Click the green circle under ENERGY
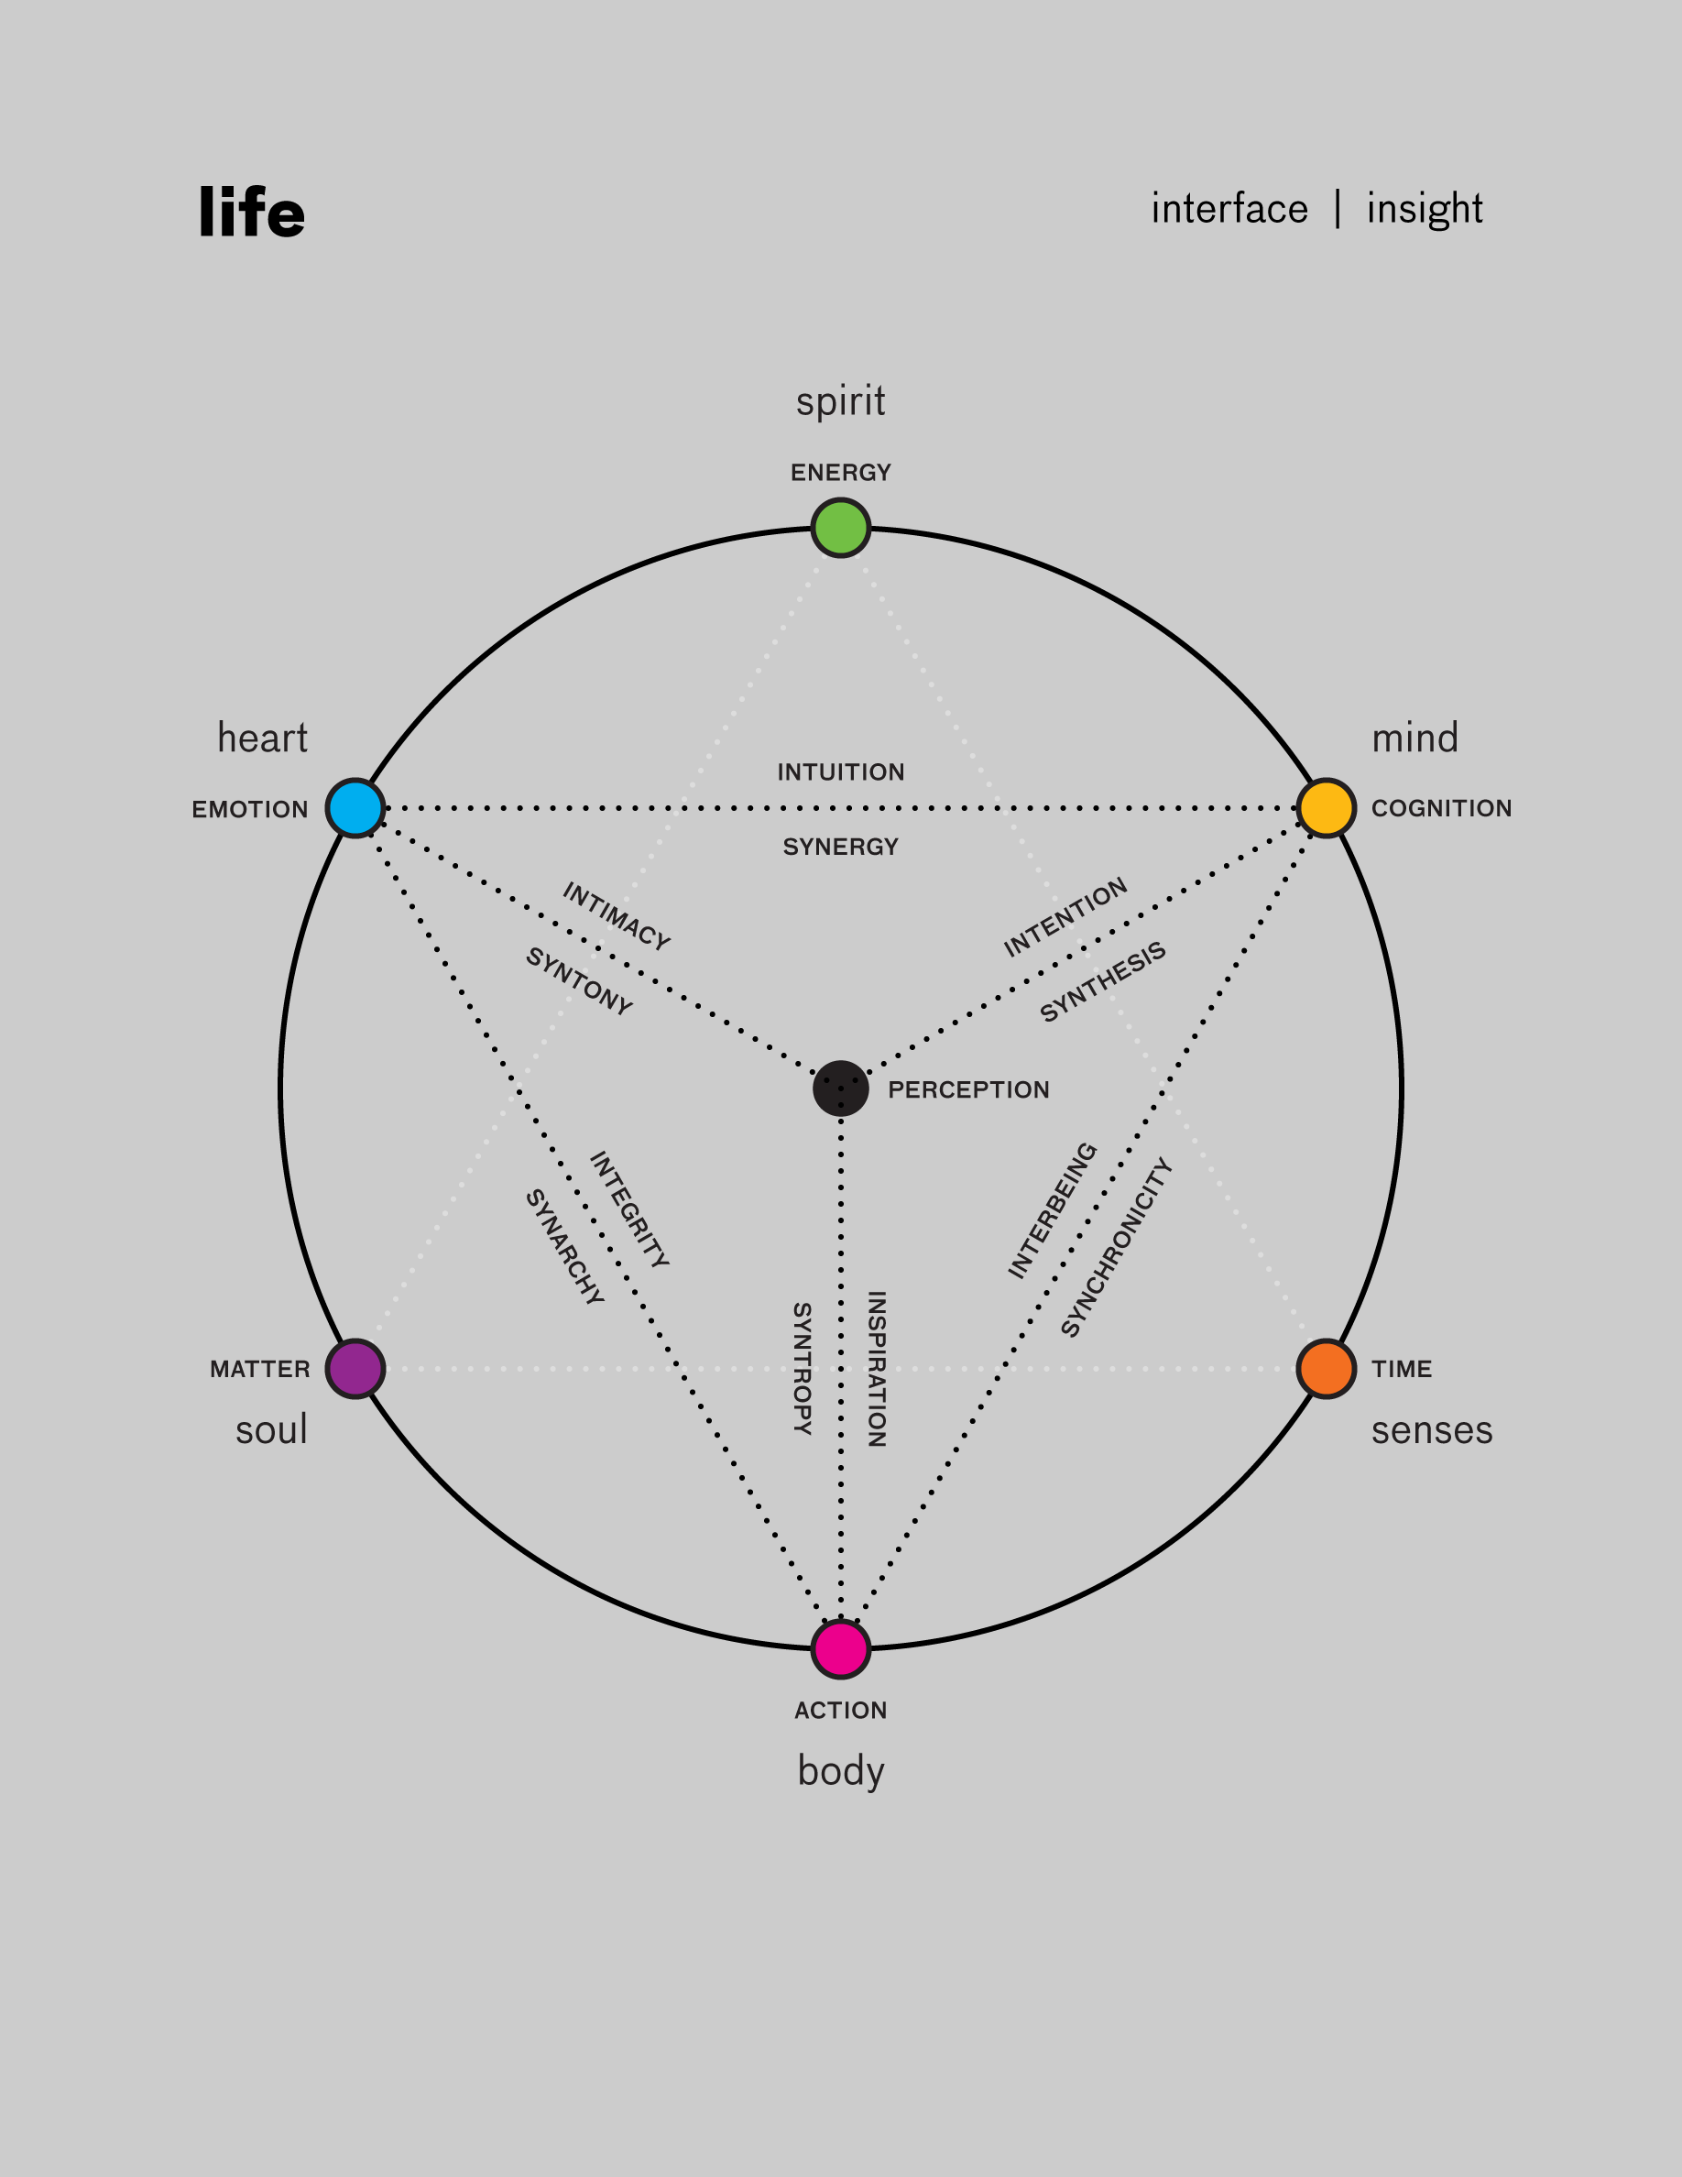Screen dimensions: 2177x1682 point(841,528)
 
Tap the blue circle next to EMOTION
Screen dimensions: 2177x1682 point(355,808)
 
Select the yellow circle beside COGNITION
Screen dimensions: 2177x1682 point(1327,808)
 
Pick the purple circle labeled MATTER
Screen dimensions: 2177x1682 point(355,1369)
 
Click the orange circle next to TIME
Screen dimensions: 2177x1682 point(1327,1369)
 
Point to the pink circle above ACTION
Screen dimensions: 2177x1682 point(841,1649)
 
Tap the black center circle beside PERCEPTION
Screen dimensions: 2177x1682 point(841,1088)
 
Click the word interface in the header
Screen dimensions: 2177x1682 point(1229,209)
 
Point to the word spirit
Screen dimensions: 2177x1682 point(841,401)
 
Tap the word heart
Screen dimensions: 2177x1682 point(262,738)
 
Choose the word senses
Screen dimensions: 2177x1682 point(1432,1430)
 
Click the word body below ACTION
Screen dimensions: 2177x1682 point(841,1771)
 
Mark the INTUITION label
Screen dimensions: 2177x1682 point(841,771)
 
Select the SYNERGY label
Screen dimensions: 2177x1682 point(841,847)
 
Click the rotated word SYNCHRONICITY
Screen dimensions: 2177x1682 point(1116,1247)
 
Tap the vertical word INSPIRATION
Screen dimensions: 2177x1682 point(877,1369)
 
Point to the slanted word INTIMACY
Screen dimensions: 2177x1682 point(617,915)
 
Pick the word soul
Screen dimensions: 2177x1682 point(271,1430)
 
